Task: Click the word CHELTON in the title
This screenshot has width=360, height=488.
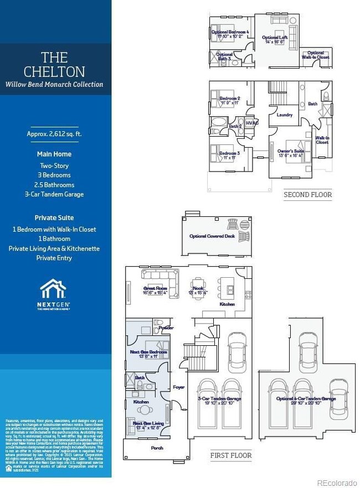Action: coord(54,71)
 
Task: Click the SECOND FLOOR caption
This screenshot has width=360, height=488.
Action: coord(307,195)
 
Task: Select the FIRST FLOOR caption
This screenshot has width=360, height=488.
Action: coord(231,456)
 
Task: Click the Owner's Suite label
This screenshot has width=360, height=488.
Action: coord(291,150)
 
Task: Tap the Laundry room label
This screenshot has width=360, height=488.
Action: coord(284,115)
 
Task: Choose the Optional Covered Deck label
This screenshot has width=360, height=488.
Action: coord(212,236)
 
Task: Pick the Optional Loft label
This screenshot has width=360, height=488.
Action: coord(275,38)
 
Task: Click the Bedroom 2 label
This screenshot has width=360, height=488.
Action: coord(229,98)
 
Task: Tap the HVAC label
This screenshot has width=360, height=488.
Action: coord(252,123)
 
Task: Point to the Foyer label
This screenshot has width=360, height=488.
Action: coord(178,387)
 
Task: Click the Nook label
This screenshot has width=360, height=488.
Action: coord(198,288)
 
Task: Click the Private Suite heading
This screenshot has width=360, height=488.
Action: coord(54,217)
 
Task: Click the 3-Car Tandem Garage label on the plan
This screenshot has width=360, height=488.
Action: coord(219,398)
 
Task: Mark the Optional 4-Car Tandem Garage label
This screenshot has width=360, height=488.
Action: coord(306,398)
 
